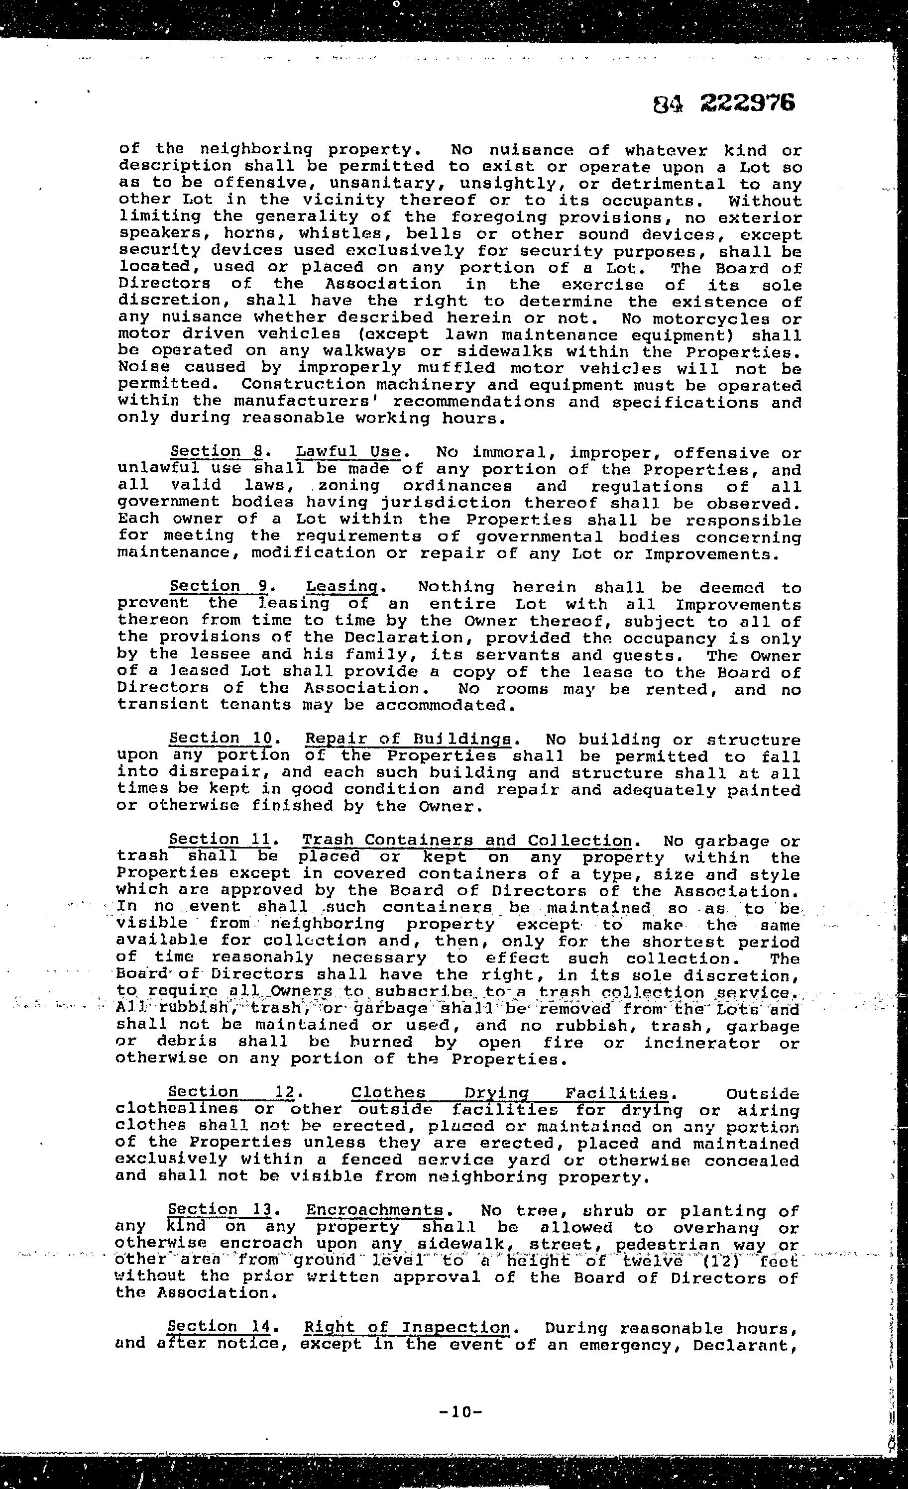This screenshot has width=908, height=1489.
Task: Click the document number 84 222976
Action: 724,104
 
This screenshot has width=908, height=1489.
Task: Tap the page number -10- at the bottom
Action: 460,1412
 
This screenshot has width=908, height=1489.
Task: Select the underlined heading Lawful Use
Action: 348,452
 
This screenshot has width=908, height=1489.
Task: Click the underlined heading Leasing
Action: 342,587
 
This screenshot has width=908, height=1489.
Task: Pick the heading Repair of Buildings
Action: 409,739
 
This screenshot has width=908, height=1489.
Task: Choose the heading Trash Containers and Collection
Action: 467,841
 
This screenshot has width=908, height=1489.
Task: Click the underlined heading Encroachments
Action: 375,1210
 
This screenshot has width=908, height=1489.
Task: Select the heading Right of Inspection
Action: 407,1328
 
